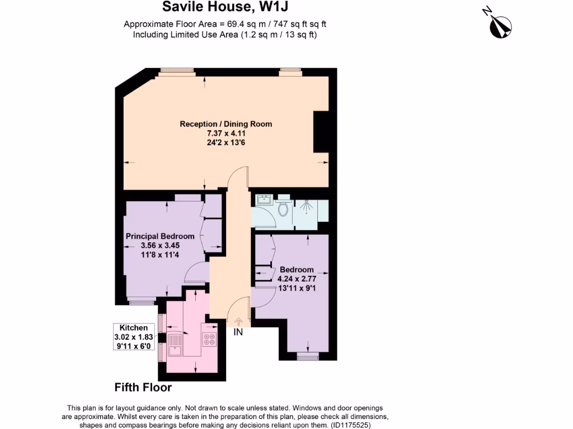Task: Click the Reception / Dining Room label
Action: [226, 123]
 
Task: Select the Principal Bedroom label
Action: [160, 236]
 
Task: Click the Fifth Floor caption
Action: [143, 387]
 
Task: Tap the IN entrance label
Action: [238, 332]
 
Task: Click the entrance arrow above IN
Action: [238, 321]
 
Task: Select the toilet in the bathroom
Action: [283, 208]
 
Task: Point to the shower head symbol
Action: [306, 206]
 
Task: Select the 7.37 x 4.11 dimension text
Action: [226, 133]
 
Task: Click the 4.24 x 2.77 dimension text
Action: [297, 279]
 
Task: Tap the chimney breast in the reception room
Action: [321, 132]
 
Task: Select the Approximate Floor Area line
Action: [225, 24]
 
